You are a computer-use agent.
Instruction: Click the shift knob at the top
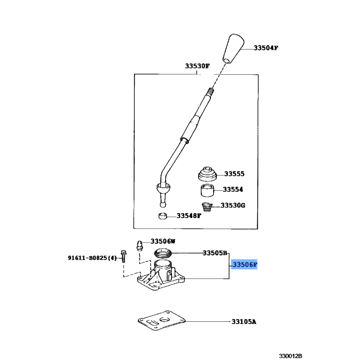(x=232, y=47)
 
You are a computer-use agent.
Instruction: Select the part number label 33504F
(x=265, y=48)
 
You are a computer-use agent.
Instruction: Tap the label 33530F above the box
(x=197, y=67)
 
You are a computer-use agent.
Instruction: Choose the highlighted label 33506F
(x=244, y=265)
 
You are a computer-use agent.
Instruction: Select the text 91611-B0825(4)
(x=93, y=258)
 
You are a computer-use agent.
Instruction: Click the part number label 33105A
(x=244, y=322)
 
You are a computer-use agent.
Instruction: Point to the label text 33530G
(x=233, y=206)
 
